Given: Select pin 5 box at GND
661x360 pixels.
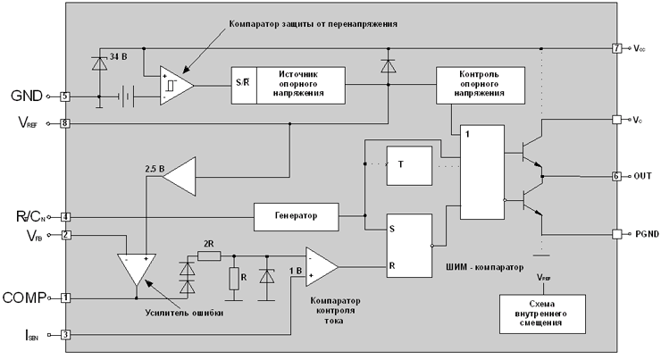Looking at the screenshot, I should [64, 96].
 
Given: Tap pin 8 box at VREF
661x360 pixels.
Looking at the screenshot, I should [64, 124].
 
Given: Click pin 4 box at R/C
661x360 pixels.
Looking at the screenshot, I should [65, 215].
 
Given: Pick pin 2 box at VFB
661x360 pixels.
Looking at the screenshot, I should [65, 235].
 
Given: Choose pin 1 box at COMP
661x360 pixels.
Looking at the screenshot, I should [65, 297].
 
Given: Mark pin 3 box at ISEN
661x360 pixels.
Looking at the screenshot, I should [65, 336].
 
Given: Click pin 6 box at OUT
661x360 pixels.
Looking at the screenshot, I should [616, 176].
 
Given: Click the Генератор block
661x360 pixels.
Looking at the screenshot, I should [297, 215].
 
